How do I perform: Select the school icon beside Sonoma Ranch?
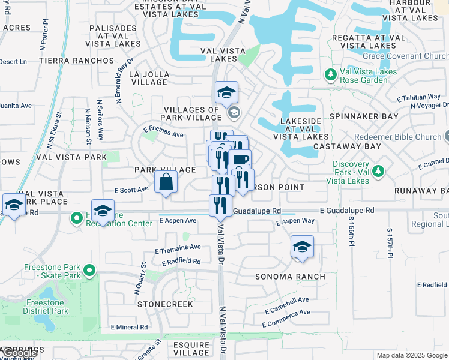tap(302, 247)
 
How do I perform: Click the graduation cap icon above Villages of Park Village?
tap(226, 92)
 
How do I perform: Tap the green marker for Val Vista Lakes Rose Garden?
tap(330, 75)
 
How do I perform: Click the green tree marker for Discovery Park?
tap(378, 172)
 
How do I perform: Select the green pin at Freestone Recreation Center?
tap(76, 217)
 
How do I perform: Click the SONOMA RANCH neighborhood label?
tap(290, 277)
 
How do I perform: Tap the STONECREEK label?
tap(165, 304)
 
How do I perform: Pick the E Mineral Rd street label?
tap(129, 327)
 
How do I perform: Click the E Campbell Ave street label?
tap(288, 300)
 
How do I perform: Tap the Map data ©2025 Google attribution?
tap(411, 355)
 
